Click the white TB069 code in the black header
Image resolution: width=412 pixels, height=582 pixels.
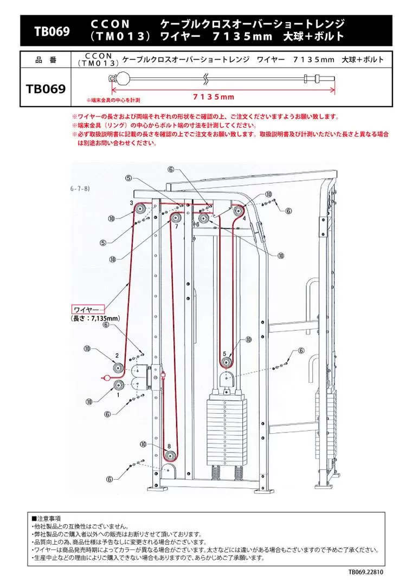[52, 31]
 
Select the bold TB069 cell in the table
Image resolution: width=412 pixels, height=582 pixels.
[46, 88]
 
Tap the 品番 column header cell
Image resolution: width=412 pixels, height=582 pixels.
[46, 60]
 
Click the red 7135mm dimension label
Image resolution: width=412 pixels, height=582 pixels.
[213, 97]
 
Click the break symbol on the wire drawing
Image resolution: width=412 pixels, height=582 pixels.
[206, 79]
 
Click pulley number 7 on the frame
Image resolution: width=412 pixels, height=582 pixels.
[175, 217]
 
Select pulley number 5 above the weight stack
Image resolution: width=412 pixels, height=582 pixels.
[226, 362]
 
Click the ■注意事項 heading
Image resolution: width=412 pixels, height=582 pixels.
[47, 518]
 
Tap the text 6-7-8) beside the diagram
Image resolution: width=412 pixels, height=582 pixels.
[79, 189]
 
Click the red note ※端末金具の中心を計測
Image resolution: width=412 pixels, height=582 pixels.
[113, 101]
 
